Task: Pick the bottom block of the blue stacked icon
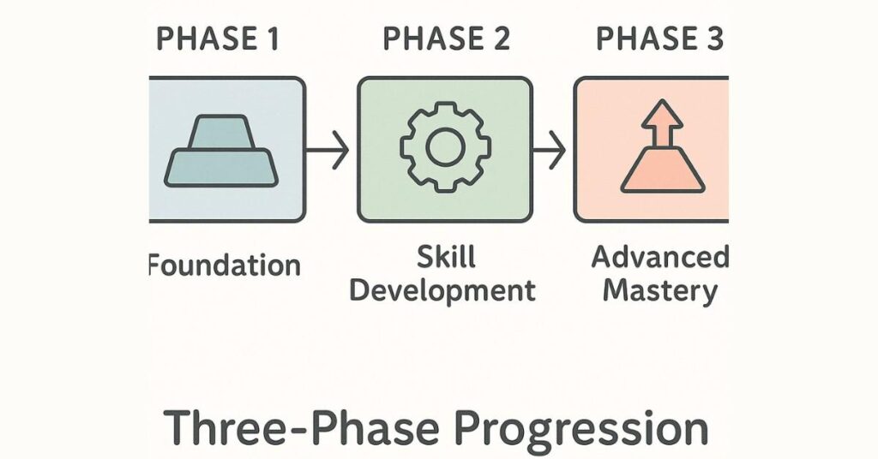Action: [222, 167]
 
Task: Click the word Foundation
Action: [225, 265]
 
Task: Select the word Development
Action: [443, 290]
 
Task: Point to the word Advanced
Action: [659, 256]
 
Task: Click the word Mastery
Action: [659, 290]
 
